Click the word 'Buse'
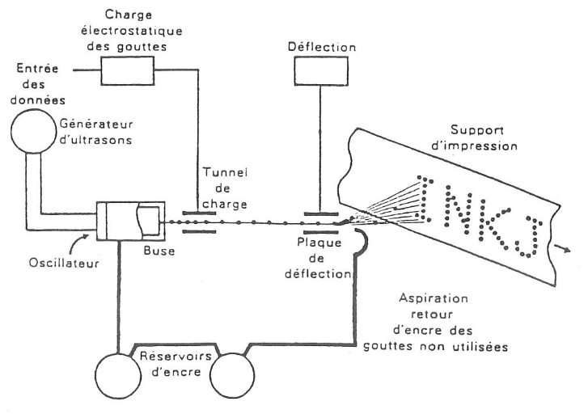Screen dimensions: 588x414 point(159,250)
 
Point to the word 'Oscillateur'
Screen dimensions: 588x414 point(64,263)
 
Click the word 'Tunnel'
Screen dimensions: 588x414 point(225,172)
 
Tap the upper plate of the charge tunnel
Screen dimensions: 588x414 point(199,213)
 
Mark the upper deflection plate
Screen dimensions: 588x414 point(321,214)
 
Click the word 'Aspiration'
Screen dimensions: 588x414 point(434,298)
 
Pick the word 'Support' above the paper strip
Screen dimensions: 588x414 point(476,130)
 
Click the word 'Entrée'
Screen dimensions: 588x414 point(37,68)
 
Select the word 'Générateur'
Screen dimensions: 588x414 point(96,124)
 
